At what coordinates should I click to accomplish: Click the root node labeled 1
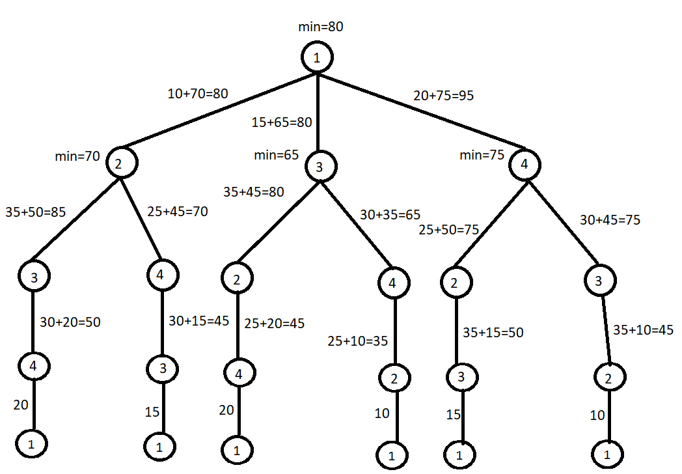(317, 58)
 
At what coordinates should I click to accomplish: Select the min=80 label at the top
(320, 27)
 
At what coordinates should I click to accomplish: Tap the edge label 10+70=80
(198, 94)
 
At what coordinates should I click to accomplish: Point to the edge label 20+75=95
(444, 96)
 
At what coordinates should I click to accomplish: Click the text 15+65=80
(282, 121)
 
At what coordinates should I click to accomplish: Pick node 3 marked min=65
(320, 167)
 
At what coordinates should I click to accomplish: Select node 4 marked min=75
(525, 164)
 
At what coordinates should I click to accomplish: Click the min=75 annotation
(482, 156)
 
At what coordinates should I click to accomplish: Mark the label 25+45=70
(178, 212)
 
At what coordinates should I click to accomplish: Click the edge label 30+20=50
(70, 322)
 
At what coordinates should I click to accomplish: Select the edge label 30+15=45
(199, 321)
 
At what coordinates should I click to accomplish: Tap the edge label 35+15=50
(493, 333)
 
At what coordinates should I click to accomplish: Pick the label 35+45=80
(254, 193)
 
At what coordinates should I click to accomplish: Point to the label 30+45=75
(610, 220)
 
